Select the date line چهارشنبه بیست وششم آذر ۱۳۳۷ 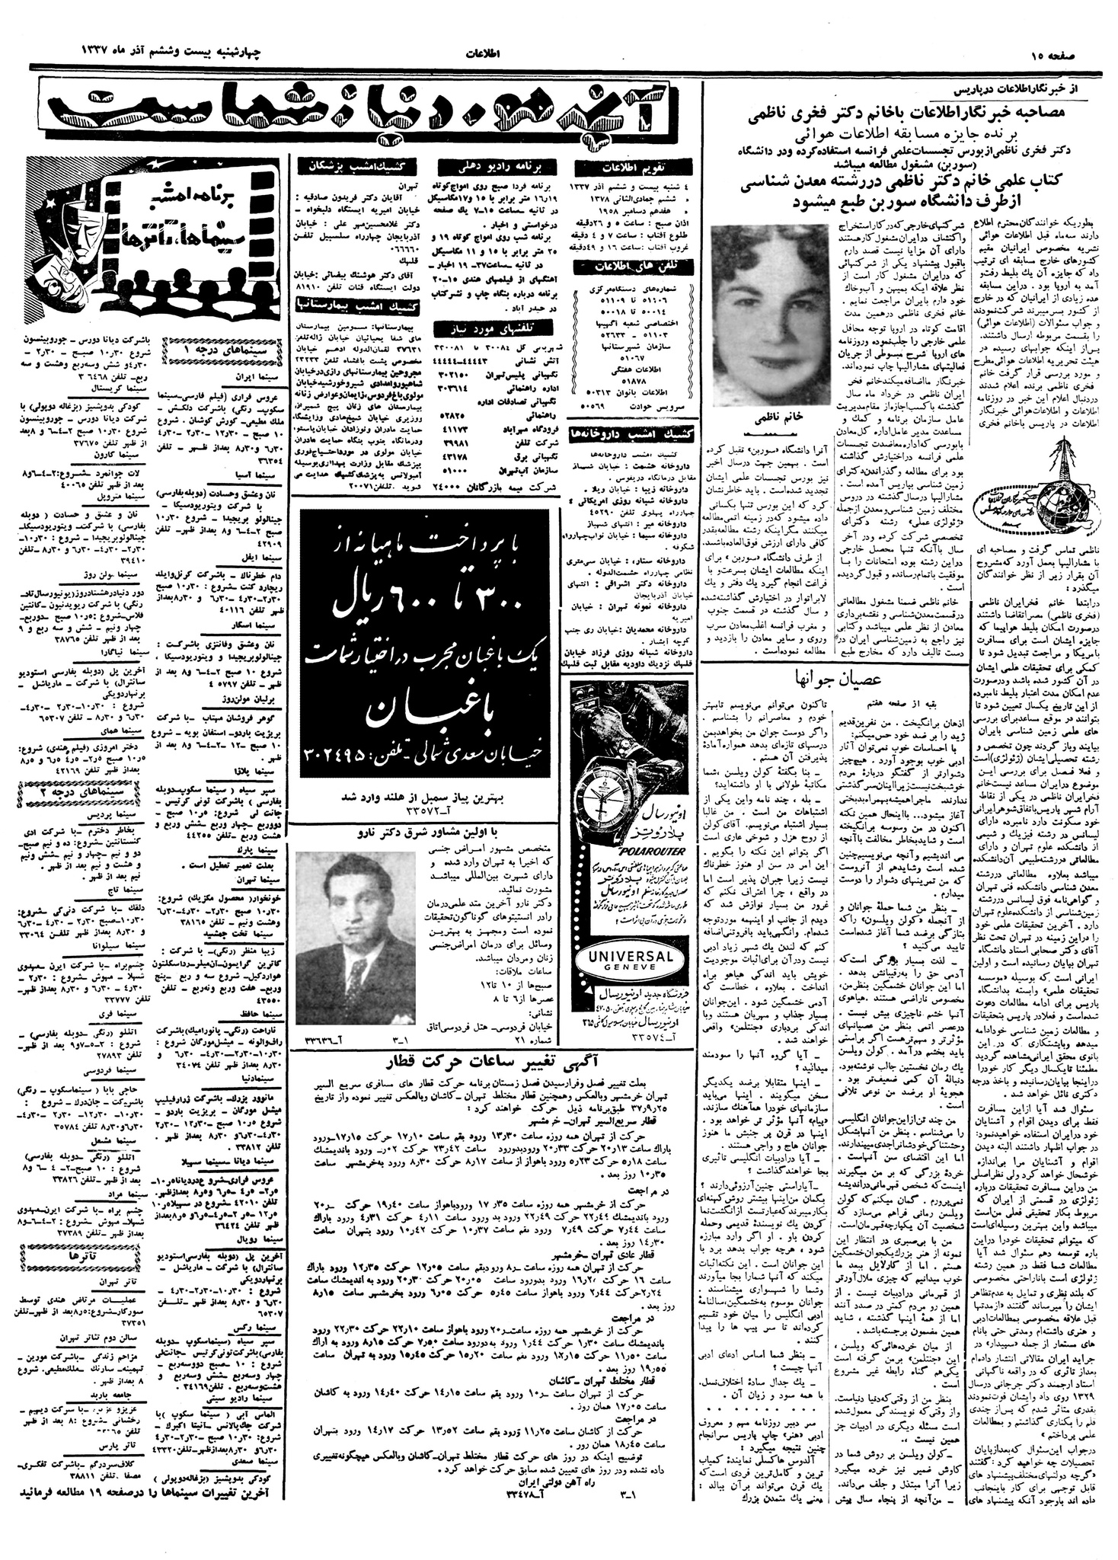pyautogui.click(x=170, y=51)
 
